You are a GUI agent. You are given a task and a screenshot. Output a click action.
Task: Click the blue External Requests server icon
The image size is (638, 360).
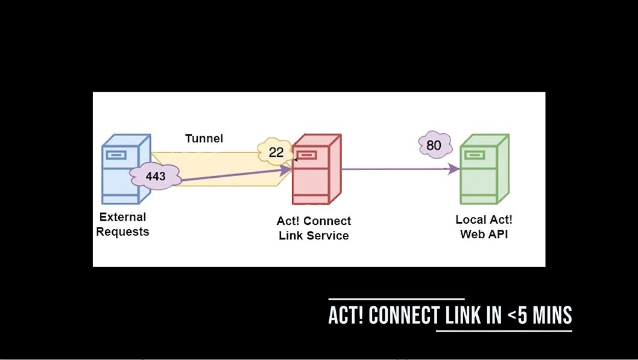tap(126, 169)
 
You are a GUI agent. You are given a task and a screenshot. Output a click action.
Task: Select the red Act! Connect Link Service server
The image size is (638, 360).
tap(317, 169)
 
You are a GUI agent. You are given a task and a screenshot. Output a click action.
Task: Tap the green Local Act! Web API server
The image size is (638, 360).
tap(484, 169)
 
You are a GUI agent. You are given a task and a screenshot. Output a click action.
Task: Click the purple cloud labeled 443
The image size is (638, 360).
tap(156, 176)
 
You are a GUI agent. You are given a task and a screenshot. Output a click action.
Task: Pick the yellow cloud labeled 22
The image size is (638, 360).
tap(276, 152)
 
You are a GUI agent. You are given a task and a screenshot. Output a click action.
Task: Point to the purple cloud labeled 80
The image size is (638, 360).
tap(435, 145)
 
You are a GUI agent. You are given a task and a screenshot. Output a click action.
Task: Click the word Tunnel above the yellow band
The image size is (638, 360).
tap(204, 139)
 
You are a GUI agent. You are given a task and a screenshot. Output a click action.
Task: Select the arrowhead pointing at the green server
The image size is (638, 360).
tap(454, 169)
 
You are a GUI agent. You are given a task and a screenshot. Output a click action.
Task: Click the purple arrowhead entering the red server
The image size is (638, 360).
tap(286, 170)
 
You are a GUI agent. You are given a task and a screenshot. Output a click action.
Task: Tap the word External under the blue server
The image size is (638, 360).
tap(122, 217)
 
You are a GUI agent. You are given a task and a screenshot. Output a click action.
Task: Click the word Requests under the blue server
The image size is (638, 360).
tap(122, 232)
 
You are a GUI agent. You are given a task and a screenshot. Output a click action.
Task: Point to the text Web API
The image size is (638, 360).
tap(484, 235)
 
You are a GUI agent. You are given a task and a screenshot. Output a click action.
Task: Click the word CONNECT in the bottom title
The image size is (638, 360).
tap(404, 315)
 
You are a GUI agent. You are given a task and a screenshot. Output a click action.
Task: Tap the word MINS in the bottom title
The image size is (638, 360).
tap(552, 315)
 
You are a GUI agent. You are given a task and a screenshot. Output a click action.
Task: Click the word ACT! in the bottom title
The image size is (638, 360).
tap(346, 315)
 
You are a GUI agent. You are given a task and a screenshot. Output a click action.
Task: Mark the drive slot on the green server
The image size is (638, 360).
tap(475, 155)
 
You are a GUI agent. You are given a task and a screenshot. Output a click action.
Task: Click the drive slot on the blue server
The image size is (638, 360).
tap(116, 155)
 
